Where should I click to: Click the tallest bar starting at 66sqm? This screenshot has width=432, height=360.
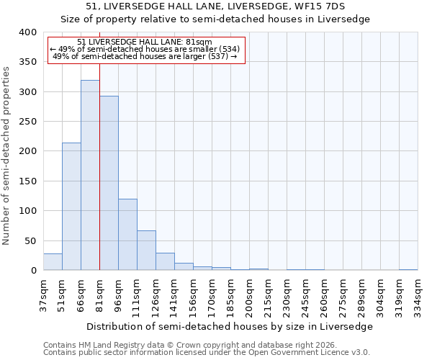(x=90, y=175)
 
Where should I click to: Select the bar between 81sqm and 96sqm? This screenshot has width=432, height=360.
(x=109, y=183)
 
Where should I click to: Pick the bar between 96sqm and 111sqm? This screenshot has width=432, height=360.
(x=127, y=235)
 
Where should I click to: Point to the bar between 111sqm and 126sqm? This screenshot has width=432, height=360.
(x=146, y=251)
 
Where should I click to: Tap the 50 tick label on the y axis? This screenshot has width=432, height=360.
(x=30, y=240)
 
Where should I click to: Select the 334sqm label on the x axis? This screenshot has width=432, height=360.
(x=418, y=295)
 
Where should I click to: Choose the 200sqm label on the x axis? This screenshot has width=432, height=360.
(x=249, y=295)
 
